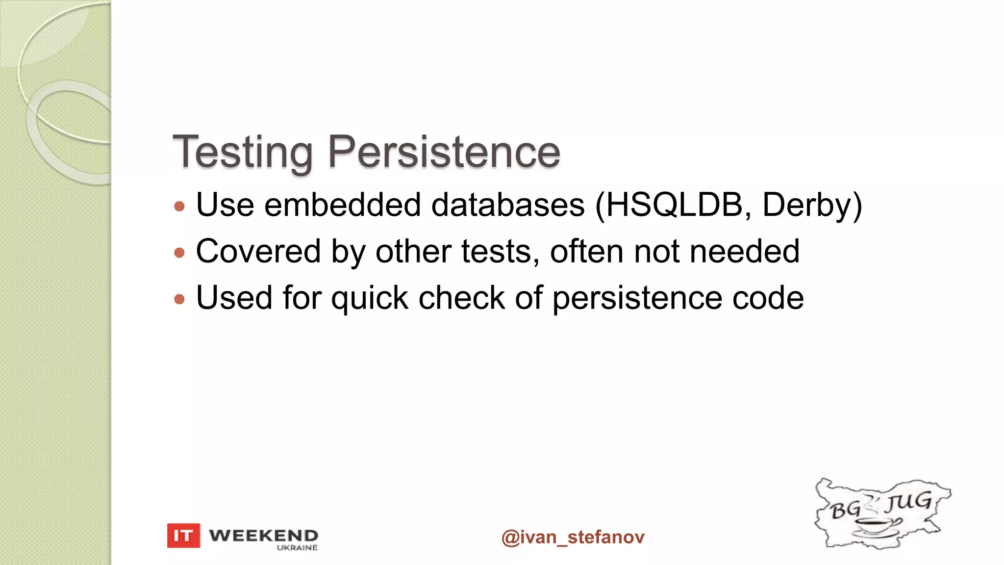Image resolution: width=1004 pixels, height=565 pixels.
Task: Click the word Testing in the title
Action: pos(243,152)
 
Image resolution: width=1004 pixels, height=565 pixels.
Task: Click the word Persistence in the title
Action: pos(444,152)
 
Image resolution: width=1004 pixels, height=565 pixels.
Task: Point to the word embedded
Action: pos(342,205)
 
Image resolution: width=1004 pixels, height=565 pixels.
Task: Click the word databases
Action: pos(508,205)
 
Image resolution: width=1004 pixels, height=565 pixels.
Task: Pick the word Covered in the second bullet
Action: pos(258,251)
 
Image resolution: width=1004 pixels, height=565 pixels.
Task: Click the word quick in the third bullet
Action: pos(370,298)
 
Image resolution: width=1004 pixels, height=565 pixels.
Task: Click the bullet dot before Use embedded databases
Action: pos(179,206)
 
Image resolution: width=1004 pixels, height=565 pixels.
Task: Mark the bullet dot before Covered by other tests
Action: pos(179,253)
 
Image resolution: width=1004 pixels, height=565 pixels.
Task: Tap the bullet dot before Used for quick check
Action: pos(179,299)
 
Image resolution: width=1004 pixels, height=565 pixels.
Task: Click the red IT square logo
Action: pos(183,536)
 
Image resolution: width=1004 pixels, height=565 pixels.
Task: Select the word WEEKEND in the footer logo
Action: pos(263,535)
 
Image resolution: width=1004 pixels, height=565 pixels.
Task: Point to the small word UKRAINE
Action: pos(297,548)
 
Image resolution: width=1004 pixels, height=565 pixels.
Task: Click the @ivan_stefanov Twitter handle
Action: pos(573,537)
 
